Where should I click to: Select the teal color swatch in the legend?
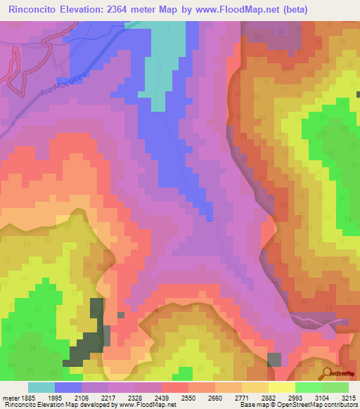pyautogui.click(x=41, y=387)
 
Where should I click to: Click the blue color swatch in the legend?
pyautogui.click(x=68, y=387)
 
